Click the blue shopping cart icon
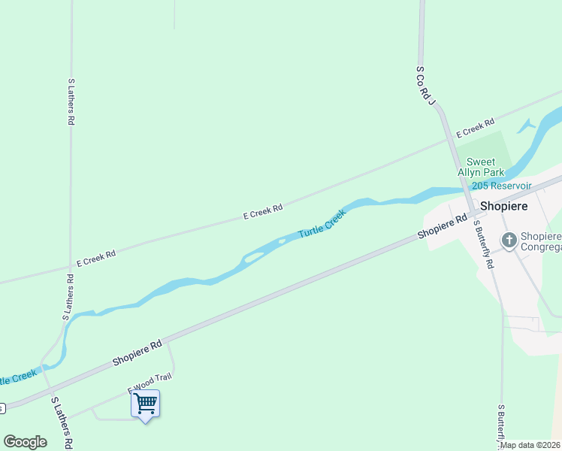[x=145, y=404]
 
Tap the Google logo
[x=25, y=441]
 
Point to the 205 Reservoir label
[x=501, y=186]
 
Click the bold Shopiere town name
[x=504, y=205]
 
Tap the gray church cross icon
[x=509, y=241]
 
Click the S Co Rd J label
[x=425, y=84]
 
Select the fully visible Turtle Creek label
[x=322, y=223]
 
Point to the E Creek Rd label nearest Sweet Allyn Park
[x=476, y=128]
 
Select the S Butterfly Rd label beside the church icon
[x=484, y=244]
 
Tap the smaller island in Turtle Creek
[x=281, y=241]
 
